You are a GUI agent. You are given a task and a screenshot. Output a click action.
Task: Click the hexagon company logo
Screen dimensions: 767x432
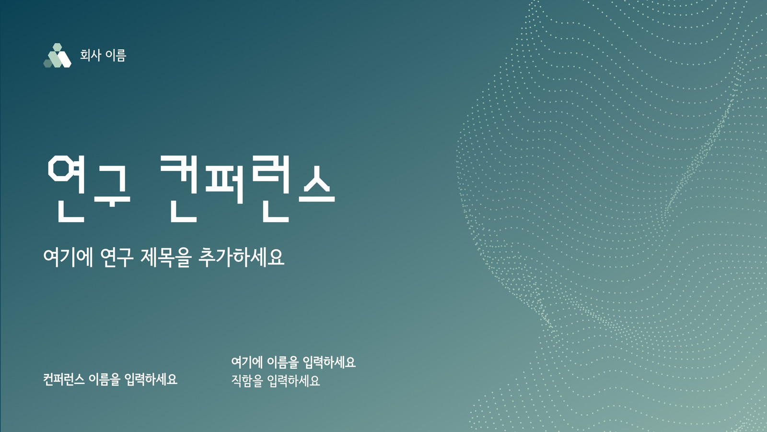(58, 56)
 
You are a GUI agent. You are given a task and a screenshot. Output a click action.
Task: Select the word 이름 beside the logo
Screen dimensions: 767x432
(116, 55)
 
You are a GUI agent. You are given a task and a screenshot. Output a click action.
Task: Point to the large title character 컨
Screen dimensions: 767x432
(179, 189)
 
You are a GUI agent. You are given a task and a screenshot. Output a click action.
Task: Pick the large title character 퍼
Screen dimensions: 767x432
(225, 180)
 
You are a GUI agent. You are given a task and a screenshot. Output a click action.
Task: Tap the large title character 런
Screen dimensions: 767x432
(270, 189)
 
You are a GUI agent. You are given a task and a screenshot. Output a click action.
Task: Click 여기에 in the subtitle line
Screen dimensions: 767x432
(68, 257)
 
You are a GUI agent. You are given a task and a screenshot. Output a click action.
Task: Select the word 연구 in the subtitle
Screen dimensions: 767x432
(117, 257)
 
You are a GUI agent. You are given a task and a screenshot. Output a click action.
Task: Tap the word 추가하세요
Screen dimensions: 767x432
(241, 257)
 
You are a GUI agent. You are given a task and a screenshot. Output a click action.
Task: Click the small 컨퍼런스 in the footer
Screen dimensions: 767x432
(64, 380)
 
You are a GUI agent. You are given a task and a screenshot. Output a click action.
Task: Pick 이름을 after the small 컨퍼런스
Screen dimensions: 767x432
(105, 380)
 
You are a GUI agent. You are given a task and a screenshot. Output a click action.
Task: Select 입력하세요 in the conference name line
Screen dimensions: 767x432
(151, 380)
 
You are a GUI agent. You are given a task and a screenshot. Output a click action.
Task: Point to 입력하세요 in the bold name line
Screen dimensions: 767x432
(329, 362)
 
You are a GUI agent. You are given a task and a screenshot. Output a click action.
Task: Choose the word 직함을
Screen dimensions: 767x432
(247, 381)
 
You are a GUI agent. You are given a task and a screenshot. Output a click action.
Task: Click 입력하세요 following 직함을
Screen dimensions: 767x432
(293, 381)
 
